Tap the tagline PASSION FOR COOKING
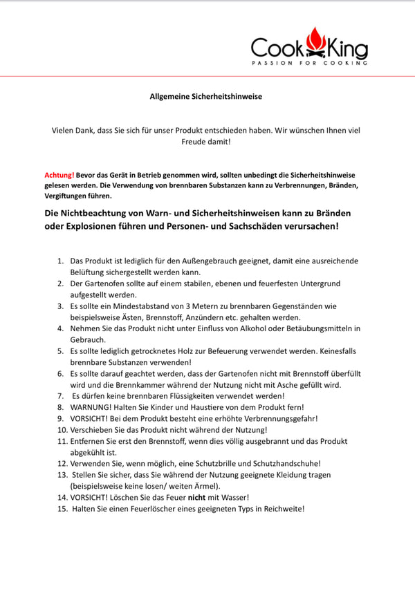click(x=309, y=63)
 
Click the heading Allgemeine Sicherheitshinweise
click(x=206, y=96)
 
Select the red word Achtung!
click(x=59, y=176)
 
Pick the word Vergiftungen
click(x=71, y=197)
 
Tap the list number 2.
click(x=60, y=283)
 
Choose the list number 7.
click(x=60, y=396)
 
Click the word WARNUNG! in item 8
click(x=93, y=407)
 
